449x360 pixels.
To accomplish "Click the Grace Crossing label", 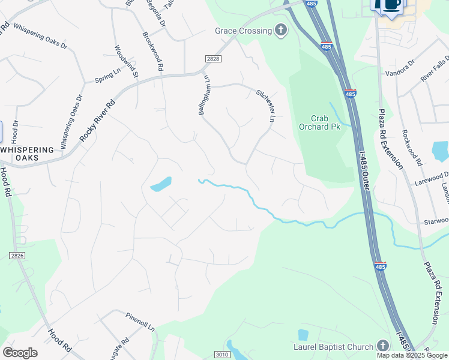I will [x=243, y=31].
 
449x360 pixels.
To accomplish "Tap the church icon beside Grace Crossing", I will [x=280, y=30].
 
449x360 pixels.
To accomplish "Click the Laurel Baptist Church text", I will [x=334, y=346].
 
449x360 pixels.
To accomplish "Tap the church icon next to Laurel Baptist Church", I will [x=384, y=346].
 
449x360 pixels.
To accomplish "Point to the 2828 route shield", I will [x=212, y=58].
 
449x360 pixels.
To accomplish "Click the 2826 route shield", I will [x=17, y=256].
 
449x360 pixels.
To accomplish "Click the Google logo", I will [x=20, y=353].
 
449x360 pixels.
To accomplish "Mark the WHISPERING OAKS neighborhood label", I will [x=28, y=153].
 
